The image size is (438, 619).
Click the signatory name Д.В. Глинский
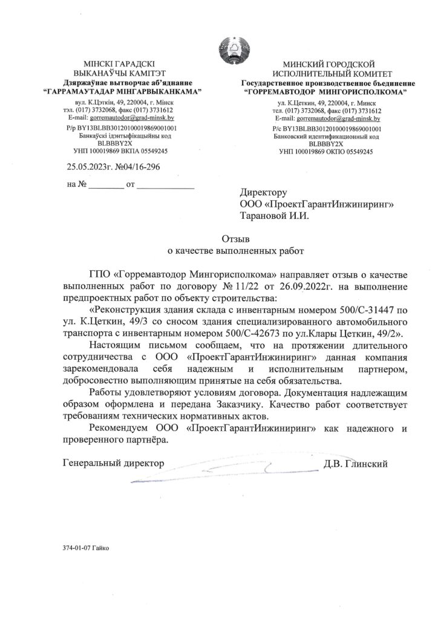click(355, 464)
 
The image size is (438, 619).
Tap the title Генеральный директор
click(114, 464)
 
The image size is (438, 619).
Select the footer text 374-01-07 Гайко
click(87, 548)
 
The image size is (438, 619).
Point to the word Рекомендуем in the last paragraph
click(119, 428)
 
